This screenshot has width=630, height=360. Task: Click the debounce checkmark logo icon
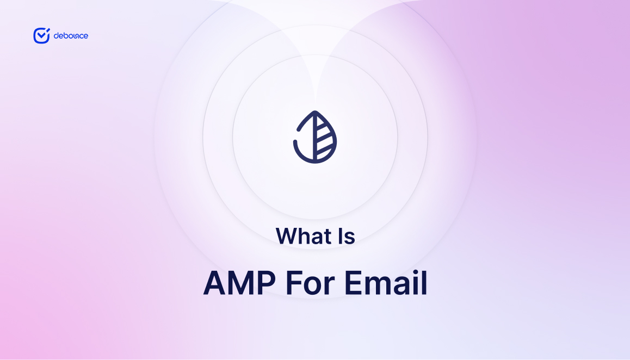[x=41, y=36]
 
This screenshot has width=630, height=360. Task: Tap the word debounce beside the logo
[x=71, y=36]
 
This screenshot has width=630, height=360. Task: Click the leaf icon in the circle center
[x=315, y=137]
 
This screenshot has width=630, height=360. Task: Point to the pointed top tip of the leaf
[x=315, y=111]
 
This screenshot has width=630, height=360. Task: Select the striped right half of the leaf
[x=325, y=138]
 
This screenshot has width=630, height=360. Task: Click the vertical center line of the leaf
[x=315, y=137]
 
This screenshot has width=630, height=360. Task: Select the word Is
[x=347, y=236]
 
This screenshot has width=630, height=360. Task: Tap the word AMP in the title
[x=239, y=283]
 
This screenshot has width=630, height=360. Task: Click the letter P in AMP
[x=267, y=283]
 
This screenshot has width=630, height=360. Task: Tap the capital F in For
[x=294, y=283]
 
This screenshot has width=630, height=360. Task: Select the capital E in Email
[x=353, y=283]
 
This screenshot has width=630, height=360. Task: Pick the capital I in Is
[x=341, y=236]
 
